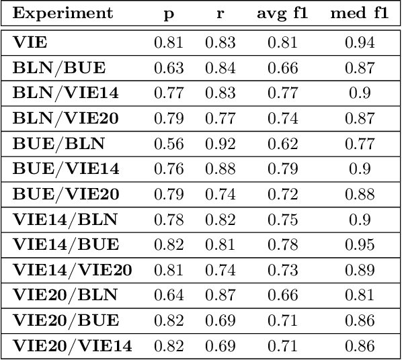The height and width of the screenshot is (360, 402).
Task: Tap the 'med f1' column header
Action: click(x=359, y=14)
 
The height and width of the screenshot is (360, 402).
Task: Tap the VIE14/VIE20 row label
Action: click(x=71, y=271)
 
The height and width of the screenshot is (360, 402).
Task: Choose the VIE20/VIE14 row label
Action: click(x=71, y=347)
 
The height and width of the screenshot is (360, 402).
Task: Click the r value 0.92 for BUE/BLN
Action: click(x=220, y=144)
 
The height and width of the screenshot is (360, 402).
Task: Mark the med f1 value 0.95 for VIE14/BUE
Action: click(x=359, y=245)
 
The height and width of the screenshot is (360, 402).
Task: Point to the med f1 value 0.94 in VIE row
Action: click(x=359, y=43)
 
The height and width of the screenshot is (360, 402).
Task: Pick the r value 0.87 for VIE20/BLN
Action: click(x=220, y=296)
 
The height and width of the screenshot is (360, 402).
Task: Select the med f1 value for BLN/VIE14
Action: click(x=359, y=94)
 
